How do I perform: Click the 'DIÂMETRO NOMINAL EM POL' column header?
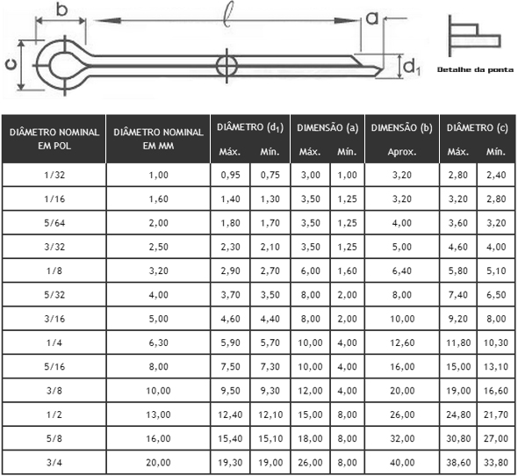(54, 139)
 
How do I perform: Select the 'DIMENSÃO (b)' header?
(402, 128)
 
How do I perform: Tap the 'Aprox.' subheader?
(402, 152)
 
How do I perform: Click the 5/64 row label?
(54, 223)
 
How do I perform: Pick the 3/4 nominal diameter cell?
(54, 463)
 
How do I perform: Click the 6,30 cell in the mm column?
(158, 343)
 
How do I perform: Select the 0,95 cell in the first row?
(230, 175)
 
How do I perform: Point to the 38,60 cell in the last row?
(458, 463)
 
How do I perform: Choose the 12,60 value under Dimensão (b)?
(402, 343)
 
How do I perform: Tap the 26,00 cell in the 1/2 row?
(402, 415)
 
